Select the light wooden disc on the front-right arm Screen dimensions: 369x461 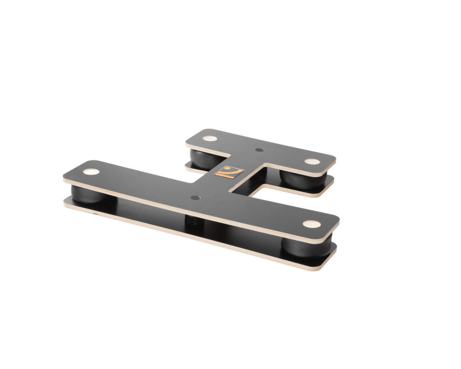tap(311, 224)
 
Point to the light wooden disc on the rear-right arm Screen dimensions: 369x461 tap(312, 162)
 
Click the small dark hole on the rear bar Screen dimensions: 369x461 tap(259, 150)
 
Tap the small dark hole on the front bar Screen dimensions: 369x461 tap(195, 198)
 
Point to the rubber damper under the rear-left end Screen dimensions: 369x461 tap(200, 158)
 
